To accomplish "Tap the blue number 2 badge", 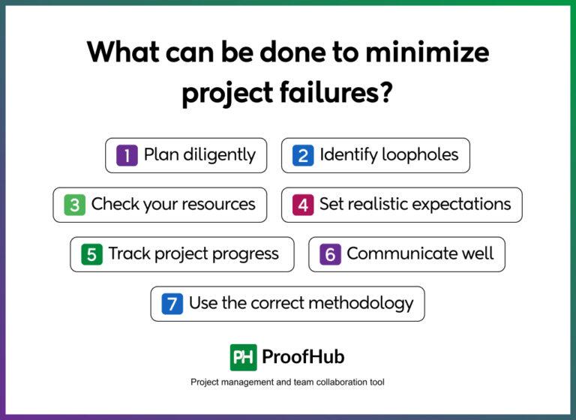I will tap(303, 155).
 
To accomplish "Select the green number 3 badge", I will tap(74, 205).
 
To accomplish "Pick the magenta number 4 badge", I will tap(303, 205).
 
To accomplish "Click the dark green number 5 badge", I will tap(91, 254).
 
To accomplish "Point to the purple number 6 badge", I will tap(330, 254).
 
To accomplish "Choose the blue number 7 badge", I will tap(172, 304).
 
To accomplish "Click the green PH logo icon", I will tap(243, 357).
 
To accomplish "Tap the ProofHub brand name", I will tap(303, 357).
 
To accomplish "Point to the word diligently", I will tap(217, 155).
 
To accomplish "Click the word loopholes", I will tap(420, 155).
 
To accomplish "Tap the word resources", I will tap(216, 205).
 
